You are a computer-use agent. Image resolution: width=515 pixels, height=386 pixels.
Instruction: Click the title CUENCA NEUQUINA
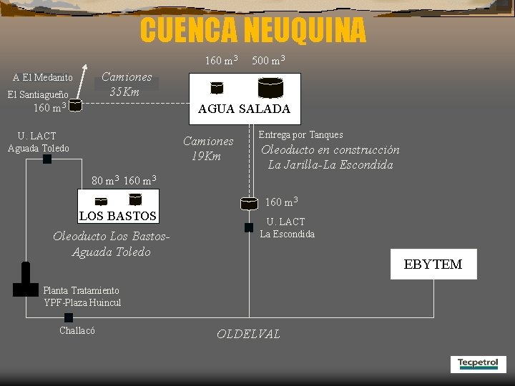pos(252,30)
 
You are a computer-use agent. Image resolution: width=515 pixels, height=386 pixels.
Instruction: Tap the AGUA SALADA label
pos(244,109)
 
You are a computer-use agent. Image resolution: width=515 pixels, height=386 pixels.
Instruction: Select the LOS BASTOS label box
pos(117,215)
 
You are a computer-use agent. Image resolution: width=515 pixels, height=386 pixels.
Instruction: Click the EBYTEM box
pos(433,264)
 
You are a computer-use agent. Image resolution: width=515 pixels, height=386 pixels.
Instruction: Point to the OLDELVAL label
pos(248,334)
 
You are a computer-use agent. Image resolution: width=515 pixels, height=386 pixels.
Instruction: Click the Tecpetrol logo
pos(478,364)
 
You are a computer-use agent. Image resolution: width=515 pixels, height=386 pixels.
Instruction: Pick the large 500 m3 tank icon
pos(270,88)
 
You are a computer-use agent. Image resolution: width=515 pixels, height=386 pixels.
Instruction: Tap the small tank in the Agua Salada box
pos(217,88)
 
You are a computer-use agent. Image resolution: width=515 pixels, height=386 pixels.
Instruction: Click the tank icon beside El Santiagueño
pos(75,106)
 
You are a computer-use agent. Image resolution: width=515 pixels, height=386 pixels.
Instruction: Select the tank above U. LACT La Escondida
pos(249,204)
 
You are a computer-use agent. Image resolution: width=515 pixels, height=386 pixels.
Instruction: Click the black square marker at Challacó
pos(69,317)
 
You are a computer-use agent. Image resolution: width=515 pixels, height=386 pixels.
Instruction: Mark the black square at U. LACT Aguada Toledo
pos(47,159)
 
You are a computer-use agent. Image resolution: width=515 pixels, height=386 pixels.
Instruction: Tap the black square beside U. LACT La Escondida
pos(249,227)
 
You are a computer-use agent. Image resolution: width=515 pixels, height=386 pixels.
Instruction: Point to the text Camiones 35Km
pos(127,84)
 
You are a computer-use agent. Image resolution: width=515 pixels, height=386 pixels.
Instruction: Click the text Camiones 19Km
pos(208,149)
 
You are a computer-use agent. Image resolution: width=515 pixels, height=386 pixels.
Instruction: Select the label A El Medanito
pos(43,77)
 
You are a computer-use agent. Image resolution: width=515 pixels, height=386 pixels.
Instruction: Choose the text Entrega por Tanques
pos(300,134)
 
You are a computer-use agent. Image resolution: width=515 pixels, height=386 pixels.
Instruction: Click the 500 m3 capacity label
pos(269,60)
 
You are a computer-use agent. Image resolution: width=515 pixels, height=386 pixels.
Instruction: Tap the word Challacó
pos(77,330)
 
